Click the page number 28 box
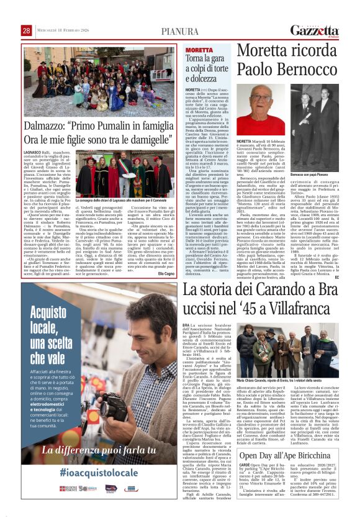27,30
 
